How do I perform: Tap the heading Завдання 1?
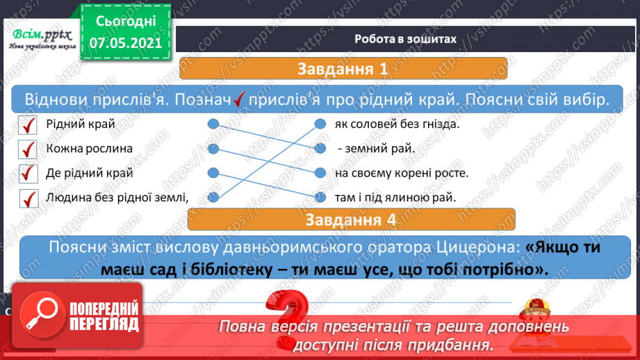343,69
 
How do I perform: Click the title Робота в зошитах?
405,39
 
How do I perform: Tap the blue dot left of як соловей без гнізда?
320,124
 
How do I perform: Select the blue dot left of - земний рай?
320,148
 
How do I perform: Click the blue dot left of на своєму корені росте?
320,172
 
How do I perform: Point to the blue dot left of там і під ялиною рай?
320,197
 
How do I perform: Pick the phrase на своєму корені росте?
401,173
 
